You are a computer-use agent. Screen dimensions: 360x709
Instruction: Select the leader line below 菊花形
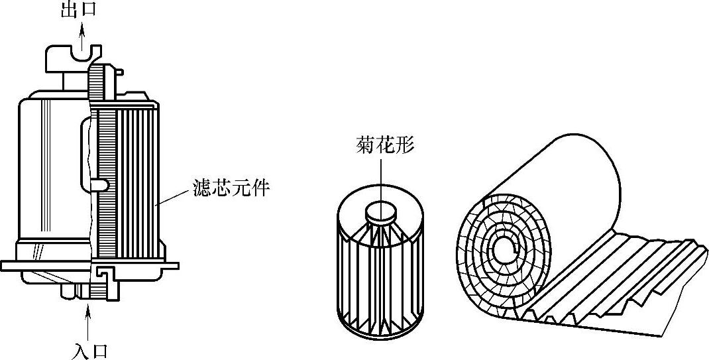click(x=382, y=182)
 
